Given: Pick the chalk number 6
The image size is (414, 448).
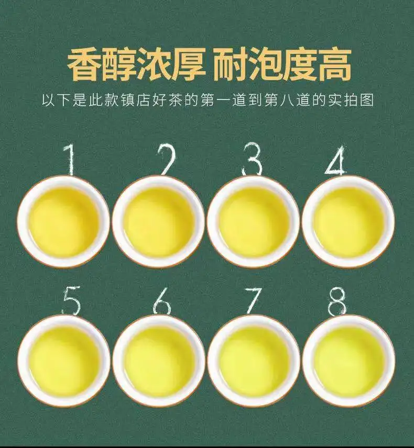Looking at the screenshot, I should [x=162, y=301].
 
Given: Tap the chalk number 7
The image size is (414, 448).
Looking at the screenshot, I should [x=253, y=301].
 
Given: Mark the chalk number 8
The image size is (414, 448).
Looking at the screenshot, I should [x=337, y=301].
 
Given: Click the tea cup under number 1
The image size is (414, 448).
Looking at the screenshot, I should [x=64, y=221].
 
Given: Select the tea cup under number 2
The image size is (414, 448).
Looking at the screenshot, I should [x=159, y=221].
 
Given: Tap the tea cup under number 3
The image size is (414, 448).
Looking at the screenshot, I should [x=254, y=221].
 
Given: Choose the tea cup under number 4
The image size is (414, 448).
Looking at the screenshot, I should [x=348, y=221].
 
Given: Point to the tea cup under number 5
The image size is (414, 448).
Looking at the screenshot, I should [x=64, y=361].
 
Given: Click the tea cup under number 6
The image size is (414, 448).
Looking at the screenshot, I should [x=159, y=361].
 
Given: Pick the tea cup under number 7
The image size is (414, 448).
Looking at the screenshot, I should [x=254, y=361].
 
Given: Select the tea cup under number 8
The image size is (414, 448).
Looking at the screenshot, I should [x=348, y=361].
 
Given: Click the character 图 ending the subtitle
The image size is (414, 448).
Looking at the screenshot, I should [x=367, y=100].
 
